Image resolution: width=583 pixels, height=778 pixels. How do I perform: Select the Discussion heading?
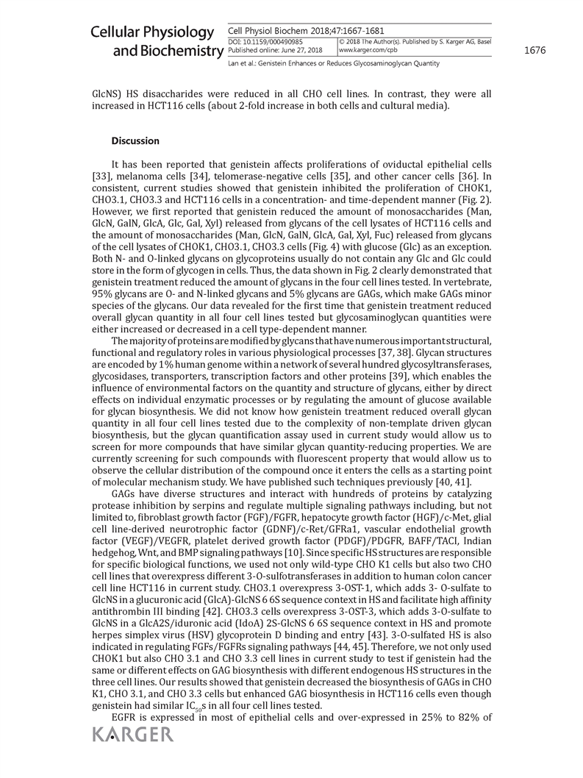click(135, 140)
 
